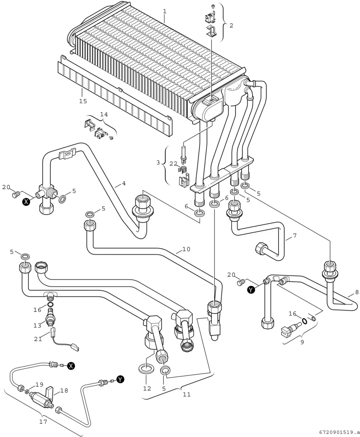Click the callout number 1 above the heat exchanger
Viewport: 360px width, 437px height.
click(x=165, y=12)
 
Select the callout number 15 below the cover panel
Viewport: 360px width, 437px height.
click(x=83, y=101)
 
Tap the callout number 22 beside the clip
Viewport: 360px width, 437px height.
click(x=174, y=164)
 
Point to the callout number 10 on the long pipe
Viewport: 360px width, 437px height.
click(x=186, y=249)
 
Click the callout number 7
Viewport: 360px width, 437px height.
click(x=295, y=236)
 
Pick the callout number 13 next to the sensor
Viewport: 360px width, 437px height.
click(x=37, y=326)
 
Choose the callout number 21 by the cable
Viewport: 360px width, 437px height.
click(x=38, y=339)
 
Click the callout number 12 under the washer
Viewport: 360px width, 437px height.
click(x=147, y=389)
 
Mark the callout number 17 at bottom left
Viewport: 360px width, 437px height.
click(x=43, y=422)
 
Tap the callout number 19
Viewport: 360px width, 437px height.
click(x=39, y=385)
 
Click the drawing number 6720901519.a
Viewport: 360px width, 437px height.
click(x=339, y=432)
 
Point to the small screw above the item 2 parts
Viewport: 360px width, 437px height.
click(x=213, y=6)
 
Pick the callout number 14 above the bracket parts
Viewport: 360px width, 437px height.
click(x=104, y=114)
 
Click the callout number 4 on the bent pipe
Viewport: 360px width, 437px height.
click(x=124, y=183)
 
